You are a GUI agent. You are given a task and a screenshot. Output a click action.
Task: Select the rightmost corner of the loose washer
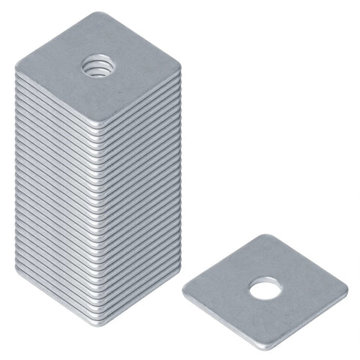(346, 288)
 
